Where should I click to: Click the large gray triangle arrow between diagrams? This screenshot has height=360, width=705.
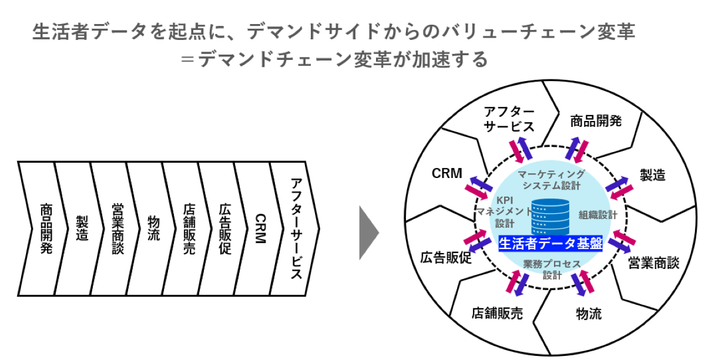[x=368, y=233]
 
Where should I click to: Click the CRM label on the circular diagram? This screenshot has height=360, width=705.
[x=447, y=174]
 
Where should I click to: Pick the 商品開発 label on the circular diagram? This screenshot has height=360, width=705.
[x=596, y=121]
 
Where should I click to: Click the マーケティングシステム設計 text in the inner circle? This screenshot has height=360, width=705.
[x=551, y=180]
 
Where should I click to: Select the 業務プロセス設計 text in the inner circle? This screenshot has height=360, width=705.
[x=551, y=269]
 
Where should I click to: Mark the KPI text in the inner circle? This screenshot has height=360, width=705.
[x=505, y=198]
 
